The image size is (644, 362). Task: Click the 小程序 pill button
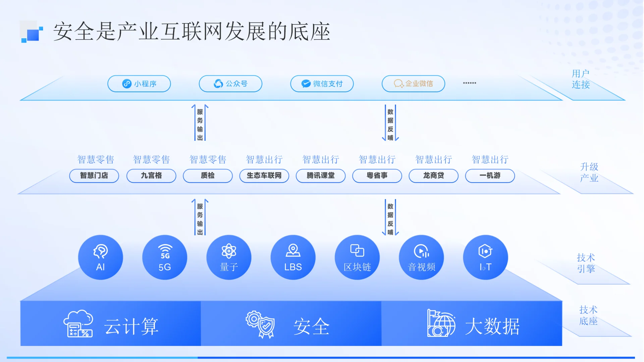point(139,83)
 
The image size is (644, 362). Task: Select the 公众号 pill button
point(230,83)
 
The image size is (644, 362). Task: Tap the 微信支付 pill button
point(322,83)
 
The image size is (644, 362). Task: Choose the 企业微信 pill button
point(413,83)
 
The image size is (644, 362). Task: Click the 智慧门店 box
point(94,176)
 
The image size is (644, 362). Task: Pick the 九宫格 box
point(151,176)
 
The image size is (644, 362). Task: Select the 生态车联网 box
point(264,176)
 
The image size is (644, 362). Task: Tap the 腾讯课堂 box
point(321,176)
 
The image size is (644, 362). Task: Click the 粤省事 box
point(377,176)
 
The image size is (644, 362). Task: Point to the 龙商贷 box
point(433,176)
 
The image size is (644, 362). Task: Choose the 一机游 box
point(490,176)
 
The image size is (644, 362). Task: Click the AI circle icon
point(100,257)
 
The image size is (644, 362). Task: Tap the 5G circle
point(165,257)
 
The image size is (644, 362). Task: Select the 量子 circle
point(229,257)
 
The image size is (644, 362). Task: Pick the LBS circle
point(293,257)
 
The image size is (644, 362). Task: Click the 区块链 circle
point(357,257)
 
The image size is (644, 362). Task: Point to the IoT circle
point(485,257)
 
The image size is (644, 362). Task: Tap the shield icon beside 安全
point(261,324)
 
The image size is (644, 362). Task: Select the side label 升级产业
point(589,172)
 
